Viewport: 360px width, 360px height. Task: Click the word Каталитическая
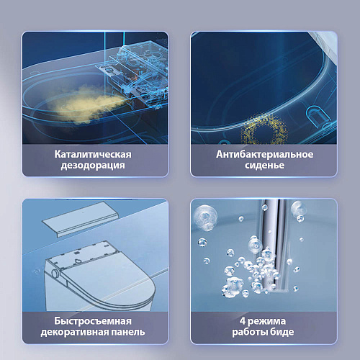(x=93, y=154)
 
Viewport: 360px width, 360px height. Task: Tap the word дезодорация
(x=93, y=166)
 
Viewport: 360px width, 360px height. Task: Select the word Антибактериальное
(x=264, y=154)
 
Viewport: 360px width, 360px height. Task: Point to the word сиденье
(x=264, y=165)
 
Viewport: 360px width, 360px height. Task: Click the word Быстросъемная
(x=93, y=321)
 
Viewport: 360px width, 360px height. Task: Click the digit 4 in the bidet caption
(x=243, y=321)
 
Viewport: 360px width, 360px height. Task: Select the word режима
(x=266, y=322)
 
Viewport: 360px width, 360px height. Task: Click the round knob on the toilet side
(x=55, y=274)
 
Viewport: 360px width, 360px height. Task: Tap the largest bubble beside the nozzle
(x=205, y=217)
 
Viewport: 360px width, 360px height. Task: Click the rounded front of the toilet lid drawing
(x=144, y=292)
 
